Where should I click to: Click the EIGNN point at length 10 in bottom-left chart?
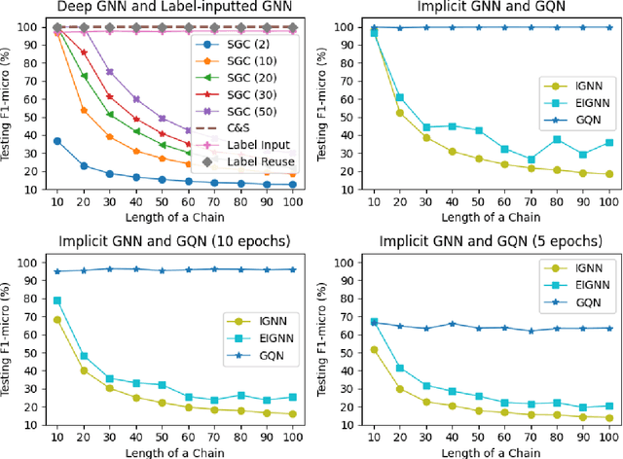pos(56,300)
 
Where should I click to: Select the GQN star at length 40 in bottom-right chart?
pos(450,324)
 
